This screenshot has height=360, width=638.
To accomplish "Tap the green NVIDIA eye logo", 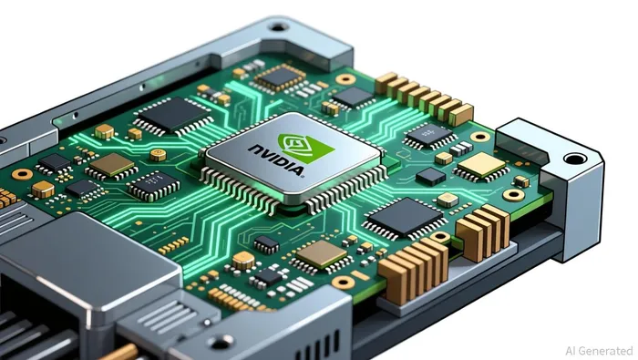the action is pos(306,148).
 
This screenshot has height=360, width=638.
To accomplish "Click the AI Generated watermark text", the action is pos(599,351).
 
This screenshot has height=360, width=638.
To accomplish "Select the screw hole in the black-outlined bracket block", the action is pos(574,159).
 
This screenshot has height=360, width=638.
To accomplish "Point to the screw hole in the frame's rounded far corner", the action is pos(278,27).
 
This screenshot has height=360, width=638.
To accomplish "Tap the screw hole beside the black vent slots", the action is pos(221,342).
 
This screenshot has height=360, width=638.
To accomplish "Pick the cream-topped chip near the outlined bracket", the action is pos(482,166).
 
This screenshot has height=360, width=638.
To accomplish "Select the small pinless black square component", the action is pos(430,177).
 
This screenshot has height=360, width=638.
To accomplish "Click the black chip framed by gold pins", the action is pos(280,76).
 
